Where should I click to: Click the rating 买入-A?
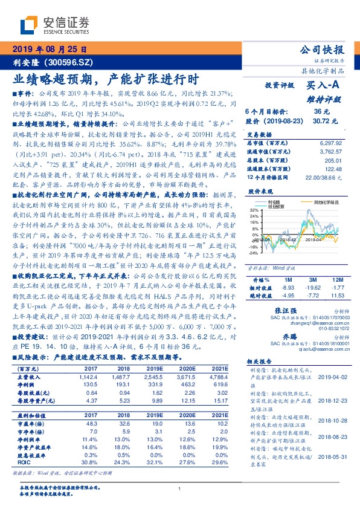(x=324, y=86)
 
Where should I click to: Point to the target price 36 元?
(x=321, y=112)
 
